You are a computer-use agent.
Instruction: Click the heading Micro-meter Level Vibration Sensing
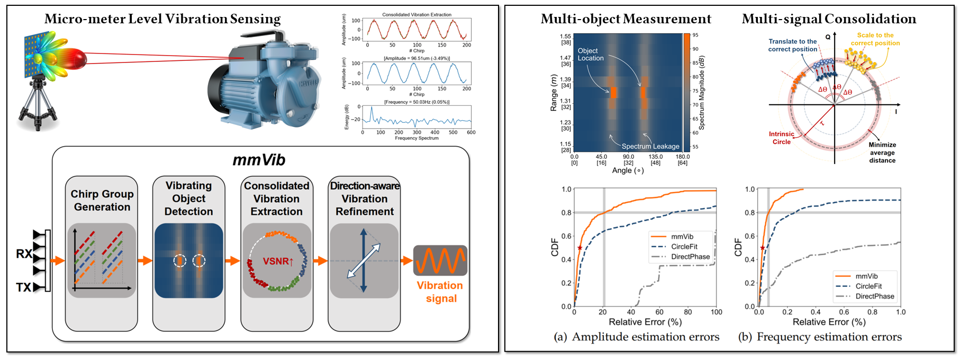(x=162, y=19)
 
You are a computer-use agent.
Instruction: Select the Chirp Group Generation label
(x=102, y=201)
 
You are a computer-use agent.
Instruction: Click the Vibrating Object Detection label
(x=188, y=199)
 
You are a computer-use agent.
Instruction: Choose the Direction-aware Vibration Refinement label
(x=365, y=199)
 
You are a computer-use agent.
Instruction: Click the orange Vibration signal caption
(x=440, y=292)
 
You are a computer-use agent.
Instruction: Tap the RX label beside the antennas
(x=24, y=254)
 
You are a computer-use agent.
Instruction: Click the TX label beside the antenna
(x=23, y=287)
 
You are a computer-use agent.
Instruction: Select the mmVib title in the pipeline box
(x=259, y=160)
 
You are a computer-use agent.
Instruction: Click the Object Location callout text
(x=591, y=55)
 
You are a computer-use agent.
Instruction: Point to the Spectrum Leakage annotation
(x=650, y=146)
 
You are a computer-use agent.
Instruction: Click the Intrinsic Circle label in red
(x=782, y=138)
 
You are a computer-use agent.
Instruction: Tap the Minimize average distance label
(x=882, y=152)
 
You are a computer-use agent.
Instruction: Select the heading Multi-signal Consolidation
(x=829, y=19)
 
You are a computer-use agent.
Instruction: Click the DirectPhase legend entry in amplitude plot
(x=690, y=257)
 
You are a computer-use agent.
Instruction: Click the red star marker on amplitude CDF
(x=579, y=248)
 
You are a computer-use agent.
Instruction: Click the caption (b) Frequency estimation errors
(x=820, y=337)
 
